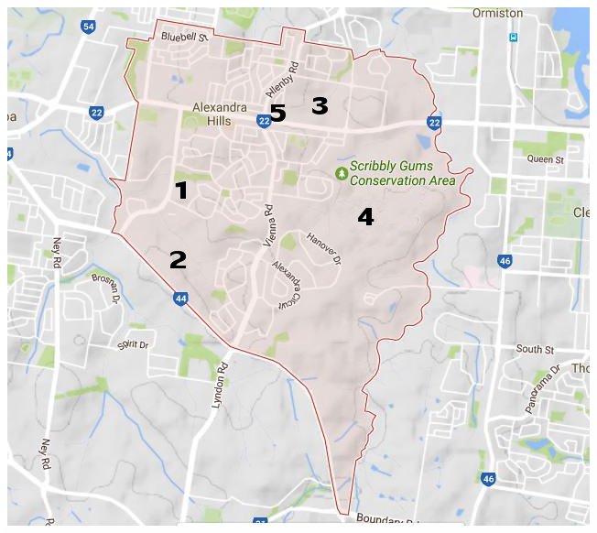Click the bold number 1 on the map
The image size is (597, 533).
click(x=181, y=190)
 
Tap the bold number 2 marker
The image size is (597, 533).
click(x=178, y=260)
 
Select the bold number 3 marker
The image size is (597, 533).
click(x=319, y=105)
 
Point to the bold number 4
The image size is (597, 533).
click(x=365, y=217)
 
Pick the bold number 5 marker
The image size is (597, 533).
click(x=277, y=114)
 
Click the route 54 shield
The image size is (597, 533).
click(x=88, y=27)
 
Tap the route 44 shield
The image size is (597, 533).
click(x=181, y=299)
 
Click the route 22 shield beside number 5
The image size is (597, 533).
click(x=263, y=120)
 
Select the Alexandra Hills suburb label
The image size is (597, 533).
click(x=220, y=114)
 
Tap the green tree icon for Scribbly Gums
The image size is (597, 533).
click(x=342, y=172)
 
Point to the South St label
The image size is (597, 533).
click(x=535, y=349)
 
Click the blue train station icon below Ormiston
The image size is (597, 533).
click(x=515, y=38)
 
